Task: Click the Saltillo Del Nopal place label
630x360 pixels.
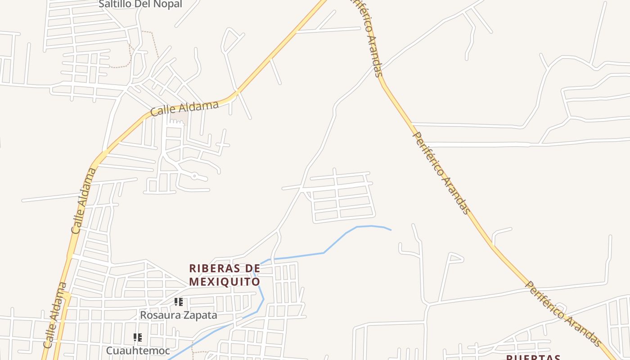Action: pos(140,4)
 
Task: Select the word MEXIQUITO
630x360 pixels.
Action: pos(225,282)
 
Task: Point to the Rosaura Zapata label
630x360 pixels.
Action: pos(178,315)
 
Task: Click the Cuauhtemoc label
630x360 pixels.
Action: pos(138,350)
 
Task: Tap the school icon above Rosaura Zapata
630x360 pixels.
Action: pos(179,302)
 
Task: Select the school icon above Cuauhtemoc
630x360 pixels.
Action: pos(138,337)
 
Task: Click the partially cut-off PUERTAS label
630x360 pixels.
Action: pos(533,357)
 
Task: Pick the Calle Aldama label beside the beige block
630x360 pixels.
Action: pos(184,108)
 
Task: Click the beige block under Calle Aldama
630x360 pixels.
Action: pos(179,116)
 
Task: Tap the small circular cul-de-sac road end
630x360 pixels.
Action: pos(194,176)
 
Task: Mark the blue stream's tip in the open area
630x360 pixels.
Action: pos(391,230)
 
